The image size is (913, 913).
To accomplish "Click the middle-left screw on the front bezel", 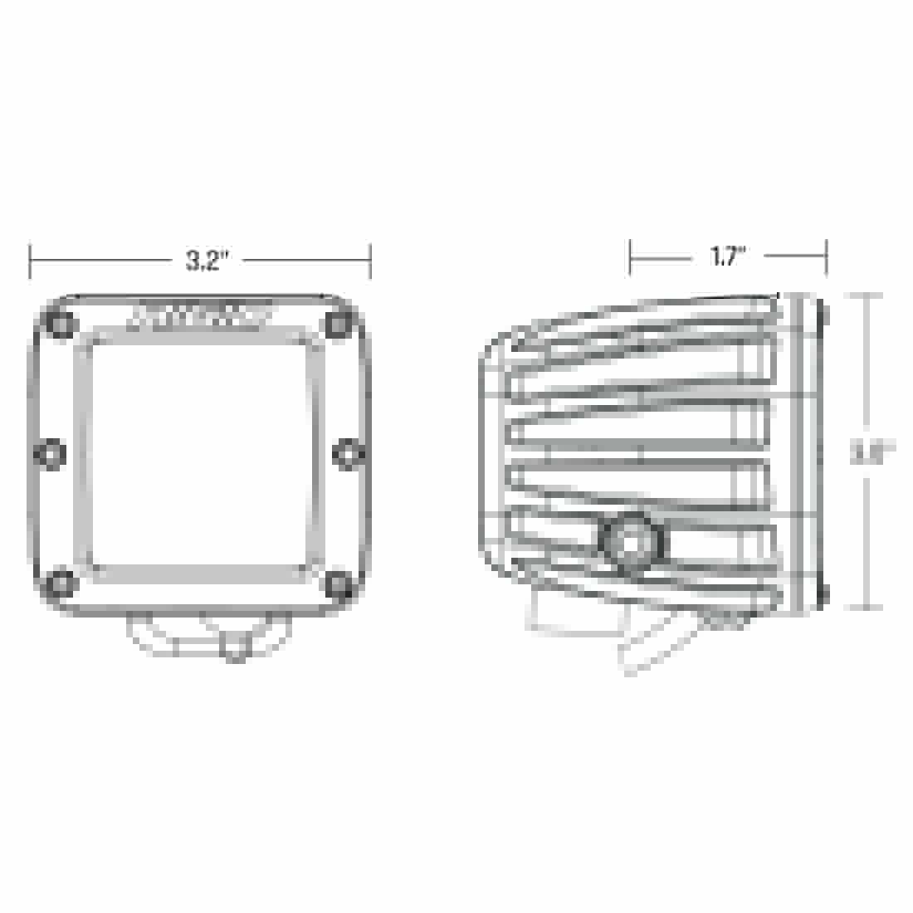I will click(x=51, y=454).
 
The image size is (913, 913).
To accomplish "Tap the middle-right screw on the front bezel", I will click(x=347, y=454).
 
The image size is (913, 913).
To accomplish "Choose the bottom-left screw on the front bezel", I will click(x=60, y=583).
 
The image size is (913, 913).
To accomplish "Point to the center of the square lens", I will click(x=199, y=454).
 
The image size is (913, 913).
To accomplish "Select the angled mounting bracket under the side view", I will click(x=656, y=639).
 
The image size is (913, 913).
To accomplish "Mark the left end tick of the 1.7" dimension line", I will click(x=631, y=256).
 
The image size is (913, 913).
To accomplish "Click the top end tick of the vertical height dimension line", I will click(x=868, y=295).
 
